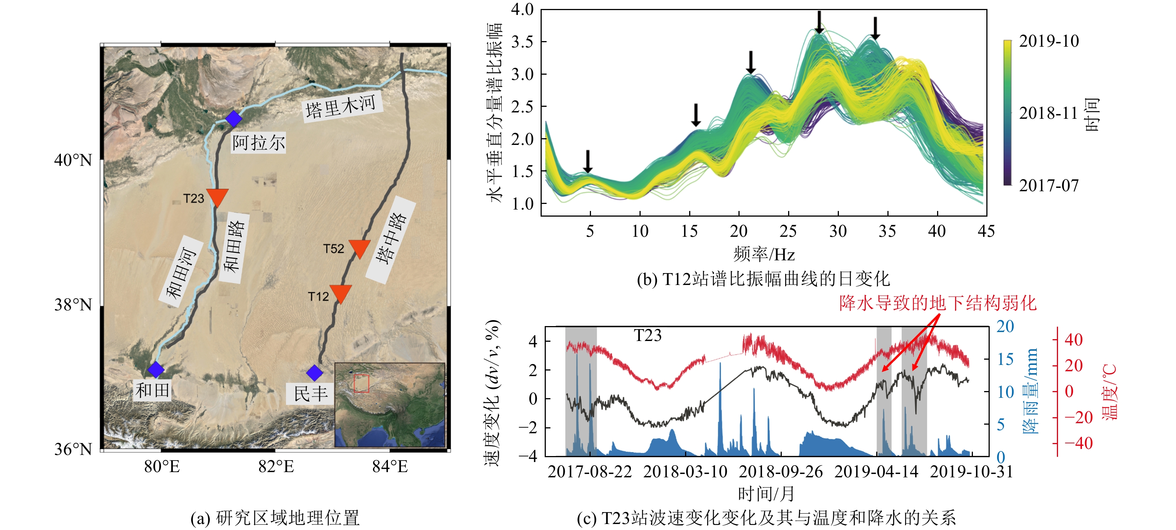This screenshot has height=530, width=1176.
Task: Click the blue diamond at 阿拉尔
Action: click(x=233, y=119)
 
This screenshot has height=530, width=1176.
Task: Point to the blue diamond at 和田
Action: click(x=156, y=369)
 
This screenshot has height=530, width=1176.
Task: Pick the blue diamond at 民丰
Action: click(x=314, y=373)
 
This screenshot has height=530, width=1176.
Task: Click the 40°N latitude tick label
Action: click(x=73, y=160)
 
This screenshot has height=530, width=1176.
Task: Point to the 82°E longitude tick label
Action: click(x=276, y=467)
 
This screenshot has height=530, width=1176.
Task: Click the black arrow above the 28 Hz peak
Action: click(x=819, y=22)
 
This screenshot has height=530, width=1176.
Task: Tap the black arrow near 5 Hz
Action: click(x=588, y=161)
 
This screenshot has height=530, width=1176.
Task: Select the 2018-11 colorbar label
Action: click(x=1048, y=113)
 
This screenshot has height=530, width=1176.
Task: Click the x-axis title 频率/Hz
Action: click(x=764, y=254)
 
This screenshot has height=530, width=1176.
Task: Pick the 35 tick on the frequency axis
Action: click(x=887, y=231)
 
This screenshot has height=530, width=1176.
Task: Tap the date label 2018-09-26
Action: click(x=781, y=471)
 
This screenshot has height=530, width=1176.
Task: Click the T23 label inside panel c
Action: click(x=647, y=335)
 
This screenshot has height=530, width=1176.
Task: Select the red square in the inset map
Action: click(x=361, y=383)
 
